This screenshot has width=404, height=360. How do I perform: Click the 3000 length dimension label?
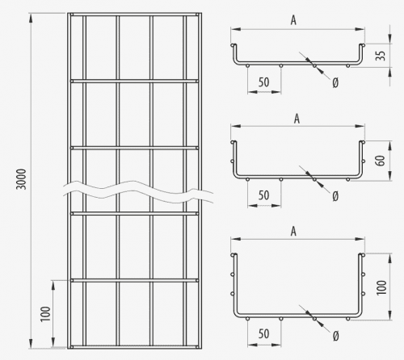(21, 179)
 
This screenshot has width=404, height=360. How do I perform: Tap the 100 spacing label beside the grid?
(45, 314)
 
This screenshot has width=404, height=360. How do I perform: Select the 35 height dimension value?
(381, 56)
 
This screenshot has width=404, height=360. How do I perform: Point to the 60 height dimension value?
(381, 161)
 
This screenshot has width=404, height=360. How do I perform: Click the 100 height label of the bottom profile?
(381, 287)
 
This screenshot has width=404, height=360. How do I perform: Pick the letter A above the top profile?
(293, 20)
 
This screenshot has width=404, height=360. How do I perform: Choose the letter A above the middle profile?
(297, 119)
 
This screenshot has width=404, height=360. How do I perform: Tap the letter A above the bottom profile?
(293, 232)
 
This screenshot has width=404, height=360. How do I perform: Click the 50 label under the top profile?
(263, 82)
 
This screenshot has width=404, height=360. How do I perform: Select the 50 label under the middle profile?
(263, 195)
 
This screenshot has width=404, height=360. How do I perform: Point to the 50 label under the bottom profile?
(263, 334)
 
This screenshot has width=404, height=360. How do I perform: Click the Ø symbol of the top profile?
(335, 83)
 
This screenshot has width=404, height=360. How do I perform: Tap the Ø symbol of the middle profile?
(335, 197)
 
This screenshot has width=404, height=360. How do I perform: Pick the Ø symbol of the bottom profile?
(335, 336)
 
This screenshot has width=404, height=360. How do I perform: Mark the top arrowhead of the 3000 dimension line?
(31, 18)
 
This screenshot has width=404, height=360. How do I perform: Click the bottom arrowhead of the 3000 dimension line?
(31, 344)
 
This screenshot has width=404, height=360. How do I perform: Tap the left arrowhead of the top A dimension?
(236, 29)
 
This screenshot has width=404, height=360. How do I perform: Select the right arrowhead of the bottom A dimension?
(360, 239)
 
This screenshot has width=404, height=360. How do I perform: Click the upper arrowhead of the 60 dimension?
(390, 145)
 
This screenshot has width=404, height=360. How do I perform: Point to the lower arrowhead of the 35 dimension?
(390, 72)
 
